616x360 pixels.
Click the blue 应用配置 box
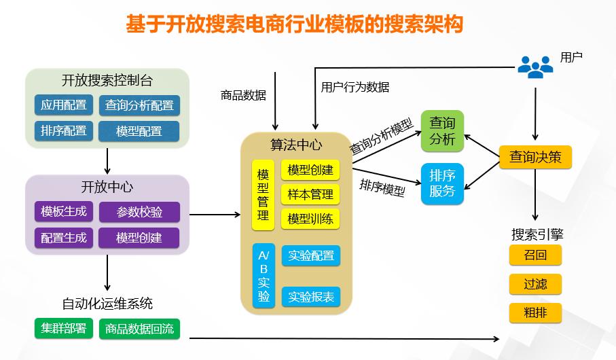click(64, 105)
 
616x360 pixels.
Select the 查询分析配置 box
click(139, 105)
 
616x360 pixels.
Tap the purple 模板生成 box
click(64, 211)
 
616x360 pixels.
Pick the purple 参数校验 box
click(139, 212)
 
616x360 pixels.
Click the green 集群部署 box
click(64, 329)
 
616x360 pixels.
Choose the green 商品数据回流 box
click(139, 329)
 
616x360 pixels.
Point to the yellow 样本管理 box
click(310, 194)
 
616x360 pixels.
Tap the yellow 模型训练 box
click(310, 219)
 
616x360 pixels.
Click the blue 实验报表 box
click(310, 297)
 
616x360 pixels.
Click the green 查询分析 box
click(442, 130)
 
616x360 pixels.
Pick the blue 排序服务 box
click(442, 183)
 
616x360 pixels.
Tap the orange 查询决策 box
click(535, 157)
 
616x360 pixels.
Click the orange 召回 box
click(535, 255)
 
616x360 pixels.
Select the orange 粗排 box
click(535, 313)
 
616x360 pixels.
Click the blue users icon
click(535, 66)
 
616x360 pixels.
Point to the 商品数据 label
click(243, 95)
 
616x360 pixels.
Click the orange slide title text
click(295, 25)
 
